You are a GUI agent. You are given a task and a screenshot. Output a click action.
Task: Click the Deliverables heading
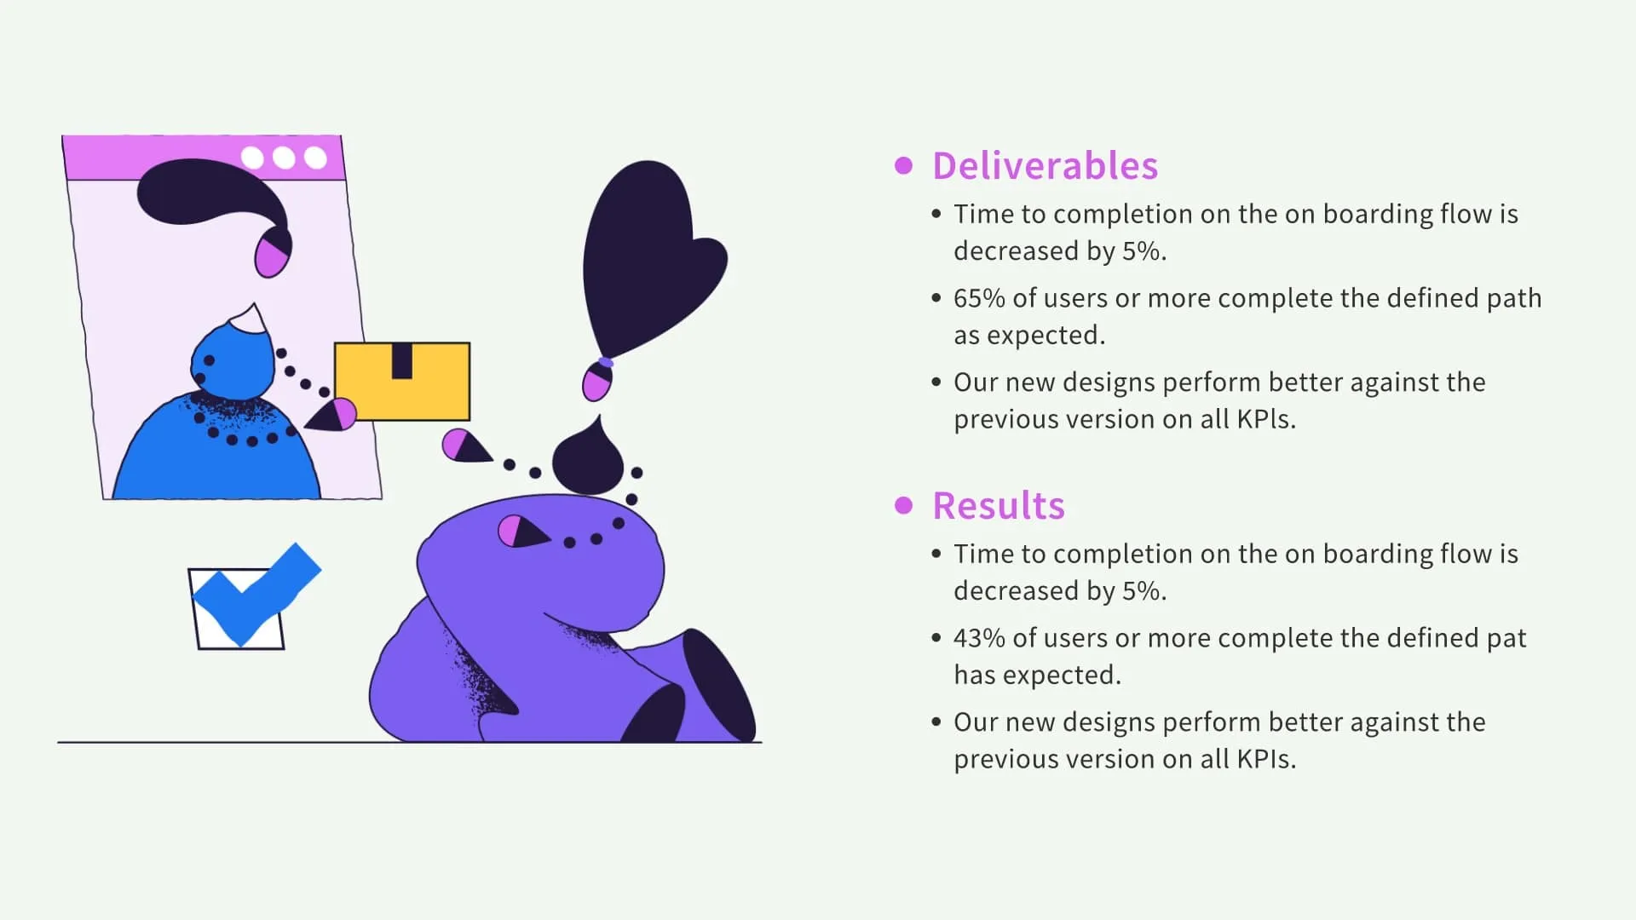(x=1045, y=166)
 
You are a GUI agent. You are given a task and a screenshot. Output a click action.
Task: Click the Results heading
(x=998, y=506)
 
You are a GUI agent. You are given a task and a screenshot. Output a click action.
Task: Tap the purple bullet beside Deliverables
(x=903, y=165)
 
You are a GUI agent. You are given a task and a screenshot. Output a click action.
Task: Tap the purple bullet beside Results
(x=903, y=505)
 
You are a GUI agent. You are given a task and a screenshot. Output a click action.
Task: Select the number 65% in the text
(x=979, y=298)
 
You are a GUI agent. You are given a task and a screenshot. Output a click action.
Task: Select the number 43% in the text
(x=979, y=638)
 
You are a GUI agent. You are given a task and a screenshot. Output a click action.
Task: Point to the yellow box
(x=402, y=382)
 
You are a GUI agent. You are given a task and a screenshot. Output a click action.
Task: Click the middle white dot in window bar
(x=284, y=158)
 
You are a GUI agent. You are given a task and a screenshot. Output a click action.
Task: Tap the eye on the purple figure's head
(x=520, y=532)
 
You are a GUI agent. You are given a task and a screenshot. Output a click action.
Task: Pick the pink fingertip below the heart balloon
(x=596, y=382)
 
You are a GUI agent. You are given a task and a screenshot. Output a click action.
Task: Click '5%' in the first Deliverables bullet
(x=1142, y=251)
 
